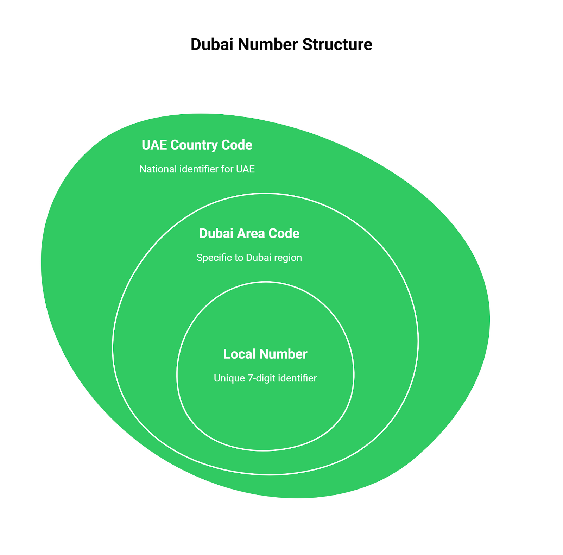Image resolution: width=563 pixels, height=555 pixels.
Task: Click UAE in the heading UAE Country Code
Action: pyautogui.click(x=154, y=145)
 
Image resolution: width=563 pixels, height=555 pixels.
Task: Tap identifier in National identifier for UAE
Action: pyautogui.click(x=199, y=169)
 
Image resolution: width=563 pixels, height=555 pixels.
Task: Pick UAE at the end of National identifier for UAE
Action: pyautogui.click(x=245, y=169)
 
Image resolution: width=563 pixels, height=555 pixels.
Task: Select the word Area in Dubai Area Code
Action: pyautogui.click(x=249, y=234)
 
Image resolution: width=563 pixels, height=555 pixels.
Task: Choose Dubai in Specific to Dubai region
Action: pyautogui.click(x=259, y=258)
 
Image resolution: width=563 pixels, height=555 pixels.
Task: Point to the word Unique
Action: pyautogui.click(x=229, y=378)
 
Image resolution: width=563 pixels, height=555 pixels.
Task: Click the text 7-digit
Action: pyautogui.click(x=261, y=378)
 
